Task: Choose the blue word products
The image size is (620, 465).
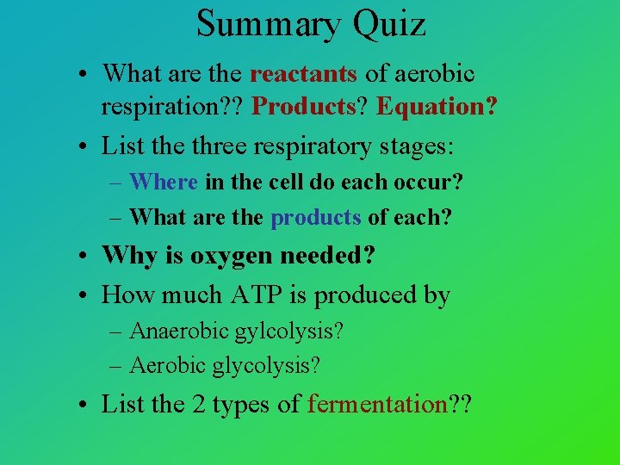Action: [x=316, y=218]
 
